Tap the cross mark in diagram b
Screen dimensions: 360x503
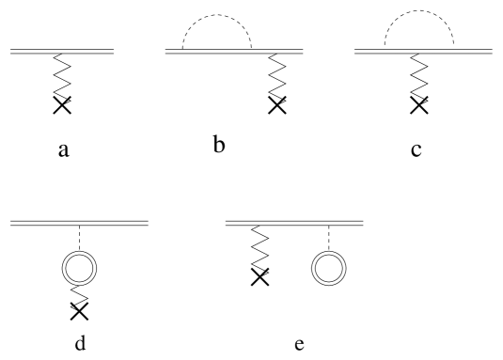pyautogui.click(x=277, y=104)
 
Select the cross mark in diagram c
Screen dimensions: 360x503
pyautogui.click(x=418, y=104)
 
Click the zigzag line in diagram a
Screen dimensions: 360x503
pyautogui.click(x=63, y=74)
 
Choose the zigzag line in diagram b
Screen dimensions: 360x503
pyautogui.click(x=277, y=74)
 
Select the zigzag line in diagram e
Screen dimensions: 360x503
pyautogui.click(x=252, y=247)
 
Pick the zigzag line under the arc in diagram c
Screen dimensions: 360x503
pyautogui.click(x=418, y=74)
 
